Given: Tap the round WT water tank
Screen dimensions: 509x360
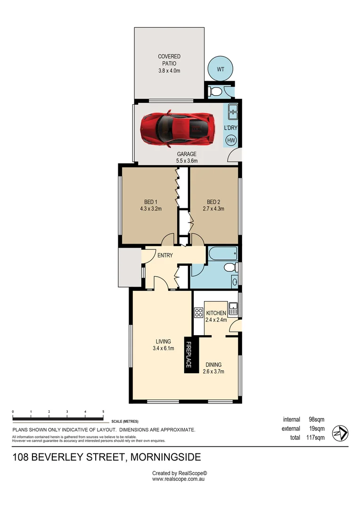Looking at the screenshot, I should click(x=220, y=69).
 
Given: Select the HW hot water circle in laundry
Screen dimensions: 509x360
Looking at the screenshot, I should click(x=231, y=140).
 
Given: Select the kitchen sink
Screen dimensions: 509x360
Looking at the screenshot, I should click(x=233, y=309).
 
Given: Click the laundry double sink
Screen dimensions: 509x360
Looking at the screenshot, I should click(x=232, y=113).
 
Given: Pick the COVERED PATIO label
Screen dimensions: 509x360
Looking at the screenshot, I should click(x=169, y=57).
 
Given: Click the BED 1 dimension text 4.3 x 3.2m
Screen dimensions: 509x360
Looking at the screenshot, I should click(x=151, y=208).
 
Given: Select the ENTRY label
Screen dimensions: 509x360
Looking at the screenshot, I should click(x=165, y=255).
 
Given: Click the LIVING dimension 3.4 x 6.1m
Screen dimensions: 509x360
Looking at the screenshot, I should click(x=164, y=349).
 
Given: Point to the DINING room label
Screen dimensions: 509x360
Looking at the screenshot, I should click(x=213, y=364).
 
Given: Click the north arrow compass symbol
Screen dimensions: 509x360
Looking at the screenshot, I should click(x=340, y=433).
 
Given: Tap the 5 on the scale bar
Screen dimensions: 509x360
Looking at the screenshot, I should click(x=103, y=411).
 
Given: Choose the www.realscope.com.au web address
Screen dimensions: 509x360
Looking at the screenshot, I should click(x=179, y=479).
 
